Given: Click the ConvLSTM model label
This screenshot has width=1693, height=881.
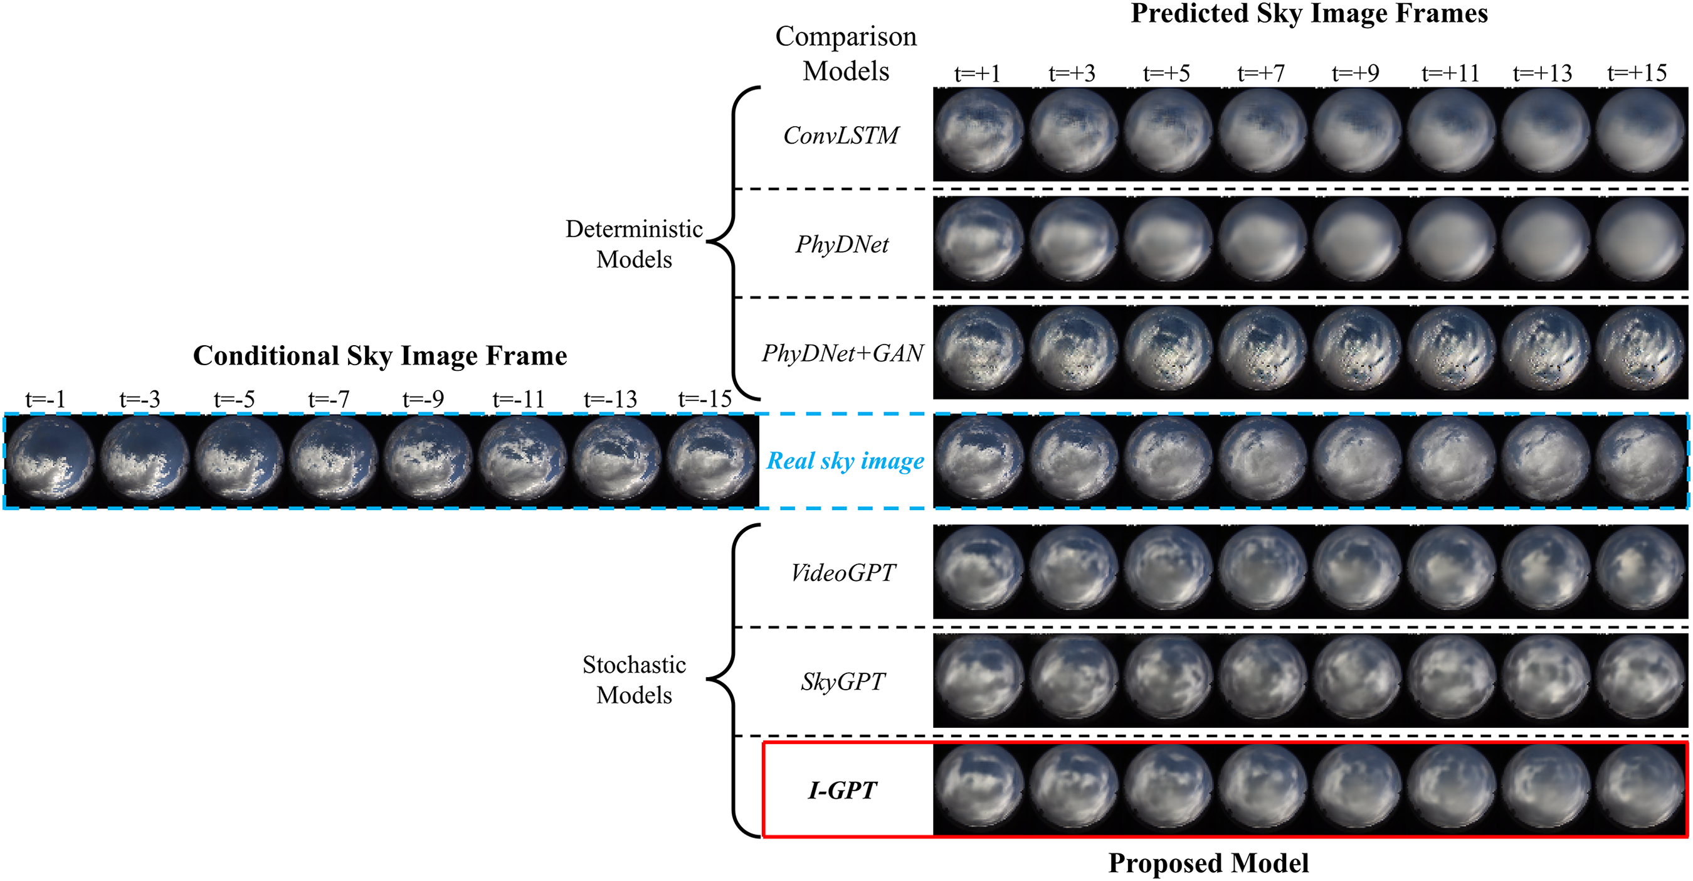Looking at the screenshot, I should [x=841, y=136].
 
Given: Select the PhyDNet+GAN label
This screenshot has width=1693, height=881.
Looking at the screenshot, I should [x=843, y=353].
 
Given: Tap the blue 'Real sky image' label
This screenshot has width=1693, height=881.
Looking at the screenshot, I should [x=845, y=461].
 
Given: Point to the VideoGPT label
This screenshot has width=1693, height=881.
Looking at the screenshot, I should [x=843, y=573].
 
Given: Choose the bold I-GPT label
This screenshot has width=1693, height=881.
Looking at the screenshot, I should [x=843, y=790].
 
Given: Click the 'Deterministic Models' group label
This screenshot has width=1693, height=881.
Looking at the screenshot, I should [x=634, y=244].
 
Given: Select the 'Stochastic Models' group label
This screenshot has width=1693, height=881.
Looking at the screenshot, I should [x=634, y=680].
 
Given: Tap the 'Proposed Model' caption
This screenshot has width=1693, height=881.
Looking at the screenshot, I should [x=1208, y=863].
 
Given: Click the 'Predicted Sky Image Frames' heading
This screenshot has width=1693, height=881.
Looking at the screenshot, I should [x=1309, y=13].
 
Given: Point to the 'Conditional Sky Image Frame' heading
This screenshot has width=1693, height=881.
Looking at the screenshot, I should [x=380, y=356].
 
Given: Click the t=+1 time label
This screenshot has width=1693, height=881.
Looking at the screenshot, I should [x=978, y=73].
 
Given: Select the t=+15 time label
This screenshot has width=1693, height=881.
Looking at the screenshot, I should [x=1637, y=73].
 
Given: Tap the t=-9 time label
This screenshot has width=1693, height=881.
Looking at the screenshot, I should [x=423, y=399].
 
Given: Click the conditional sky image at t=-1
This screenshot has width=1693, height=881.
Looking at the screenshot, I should [x=50, y=461].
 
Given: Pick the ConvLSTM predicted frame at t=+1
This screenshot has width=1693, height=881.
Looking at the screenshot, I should [x=979, y=134].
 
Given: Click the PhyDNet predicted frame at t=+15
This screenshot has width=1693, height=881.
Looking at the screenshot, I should [x=1640, y=243].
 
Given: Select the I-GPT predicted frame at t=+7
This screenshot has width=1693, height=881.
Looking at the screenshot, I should [x=1262, y=789].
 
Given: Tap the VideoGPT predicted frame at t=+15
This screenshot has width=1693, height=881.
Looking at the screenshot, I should [x=1640, y=572].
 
